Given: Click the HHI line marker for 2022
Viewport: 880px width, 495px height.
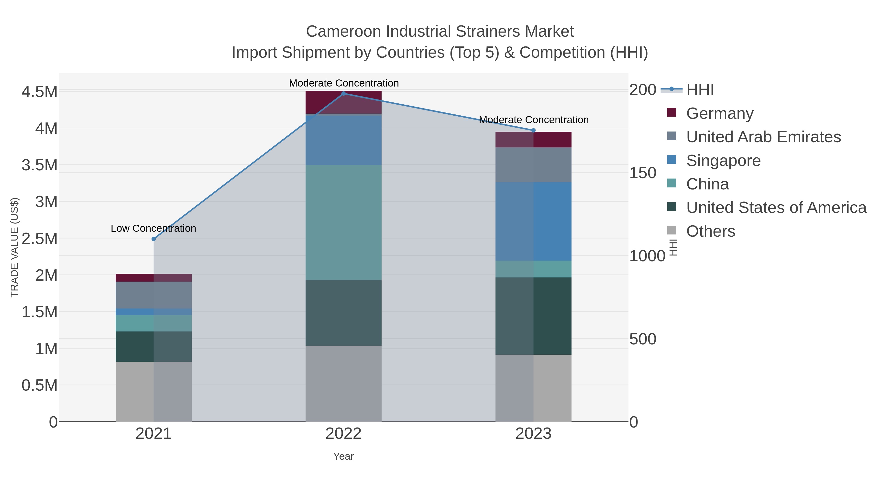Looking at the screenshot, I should [344, 93].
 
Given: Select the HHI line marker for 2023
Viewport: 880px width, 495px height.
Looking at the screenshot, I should [534, 130].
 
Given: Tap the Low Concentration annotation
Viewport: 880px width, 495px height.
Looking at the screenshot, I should [153, 228].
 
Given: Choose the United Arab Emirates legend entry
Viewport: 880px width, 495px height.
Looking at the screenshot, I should [763, 137].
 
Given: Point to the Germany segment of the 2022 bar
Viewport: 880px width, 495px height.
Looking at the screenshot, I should [344, 102].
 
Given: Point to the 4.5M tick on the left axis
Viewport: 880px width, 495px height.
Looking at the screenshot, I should [39, 92].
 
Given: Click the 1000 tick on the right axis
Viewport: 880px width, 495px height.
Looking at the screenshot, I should [647, 256].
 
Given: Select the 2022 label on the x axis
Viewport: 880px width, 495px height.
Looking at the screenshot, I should [344, 434].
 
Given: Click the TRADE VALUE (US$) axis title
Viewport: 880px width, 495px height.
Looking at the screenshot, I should [14, 247].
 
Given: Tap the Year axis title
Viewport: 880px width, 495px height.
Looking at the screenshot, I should [344, 456].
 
